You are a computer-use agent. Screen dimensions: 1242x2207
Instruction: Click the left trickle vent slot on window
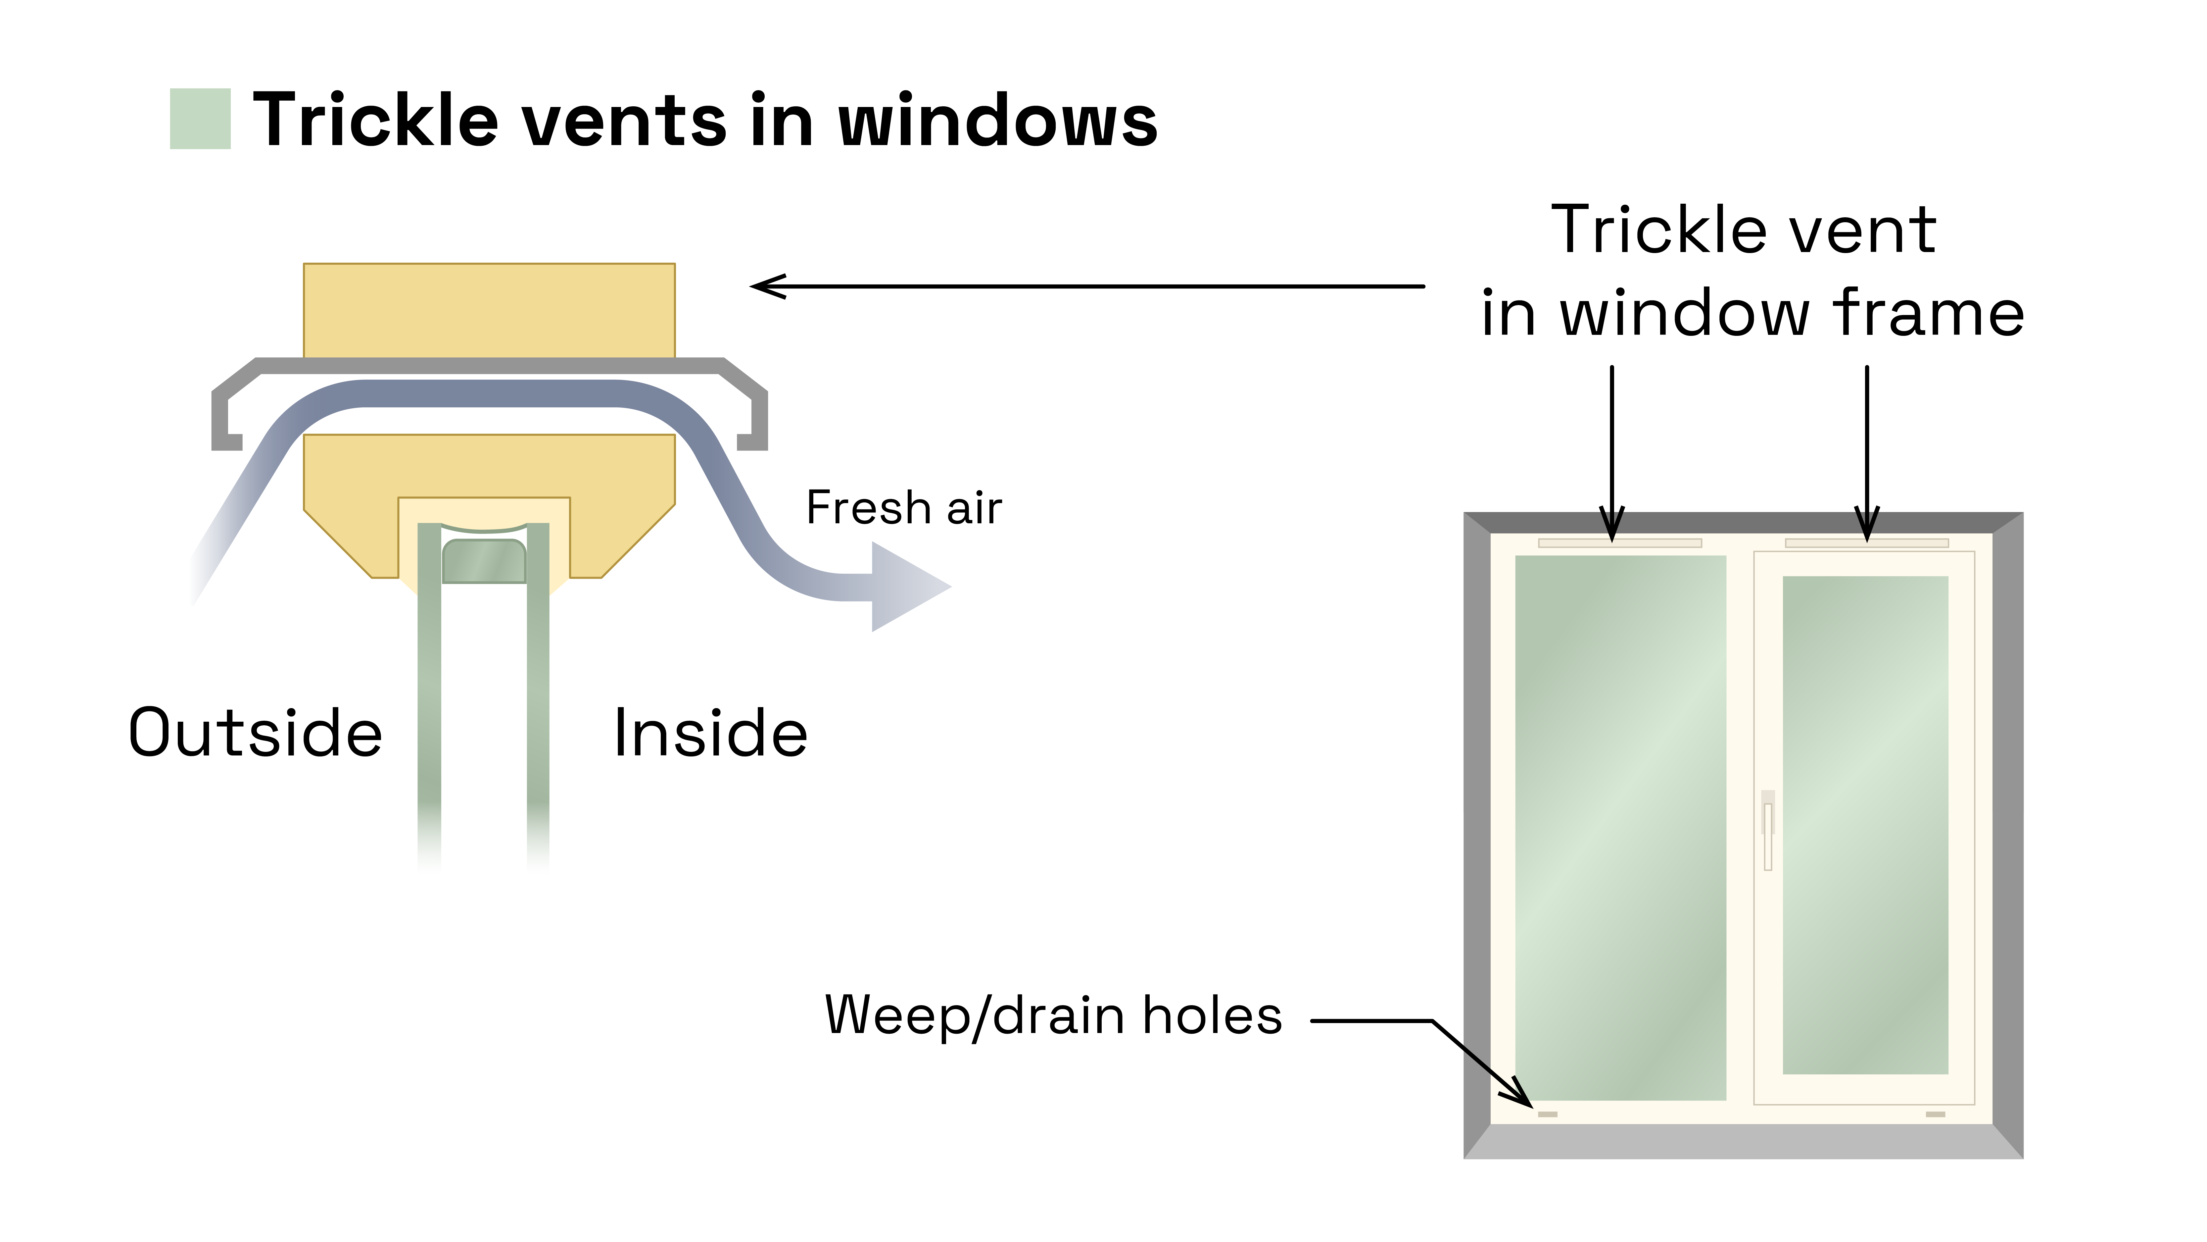(1619, 543)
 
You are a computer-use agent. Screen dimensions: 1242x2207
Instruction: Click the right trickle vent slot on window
(1866, 543)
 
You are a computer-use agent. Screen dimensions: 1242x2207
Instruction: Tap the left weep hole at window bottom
(1547, 1114)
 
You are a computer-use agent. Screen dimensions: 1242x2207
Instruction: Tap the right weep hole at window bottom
(1936, 1114)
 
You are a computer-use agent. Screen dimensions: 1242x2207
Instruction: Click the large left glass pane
(1619, 827)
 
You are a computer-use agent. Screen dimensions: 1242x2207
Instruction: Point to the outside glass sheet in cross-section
(429, 686)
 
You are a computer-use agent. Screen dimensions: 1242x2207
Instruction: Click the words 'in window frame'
(1752, 314)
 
